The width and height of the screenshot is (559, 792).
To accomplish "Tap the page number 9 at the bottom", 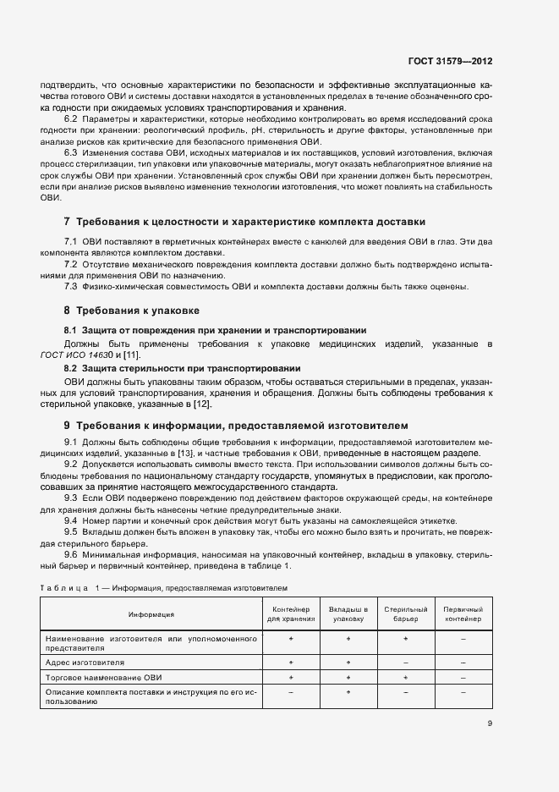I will tap(490, 723).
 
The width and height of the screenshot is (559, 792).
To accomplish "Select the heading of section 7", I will tap(244, 222).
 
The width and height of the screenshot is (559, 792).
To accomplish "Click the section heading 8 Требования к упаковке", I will tap(131, 311).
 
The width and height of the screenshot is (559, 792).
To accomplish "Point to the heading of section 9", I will tap(236, 425).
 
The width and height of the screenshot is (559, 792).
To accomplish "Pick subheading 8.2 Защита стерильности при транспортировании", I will tap(183, 368).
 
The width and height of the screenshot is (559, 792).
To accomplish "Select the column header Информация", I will tap(151, 614).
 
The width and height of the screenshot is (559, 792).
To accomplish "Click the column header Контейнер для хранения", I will tap(290, 614).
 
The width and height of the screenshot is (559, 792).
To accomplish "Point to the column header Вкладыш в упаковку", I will tap(348, 614).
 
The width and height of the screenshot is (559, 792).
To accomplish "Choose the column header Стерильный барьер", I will tap(405, 614).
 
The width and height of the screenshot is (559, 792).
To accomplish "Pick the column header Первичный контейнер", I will tap(463, 614).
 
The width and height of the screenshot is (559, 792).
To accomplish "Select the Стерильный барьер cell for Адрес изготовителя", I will tap(405, 663).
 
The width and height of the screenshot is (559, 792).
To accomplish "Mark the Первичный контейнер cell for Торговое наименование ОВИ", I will tap(463, 678).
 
